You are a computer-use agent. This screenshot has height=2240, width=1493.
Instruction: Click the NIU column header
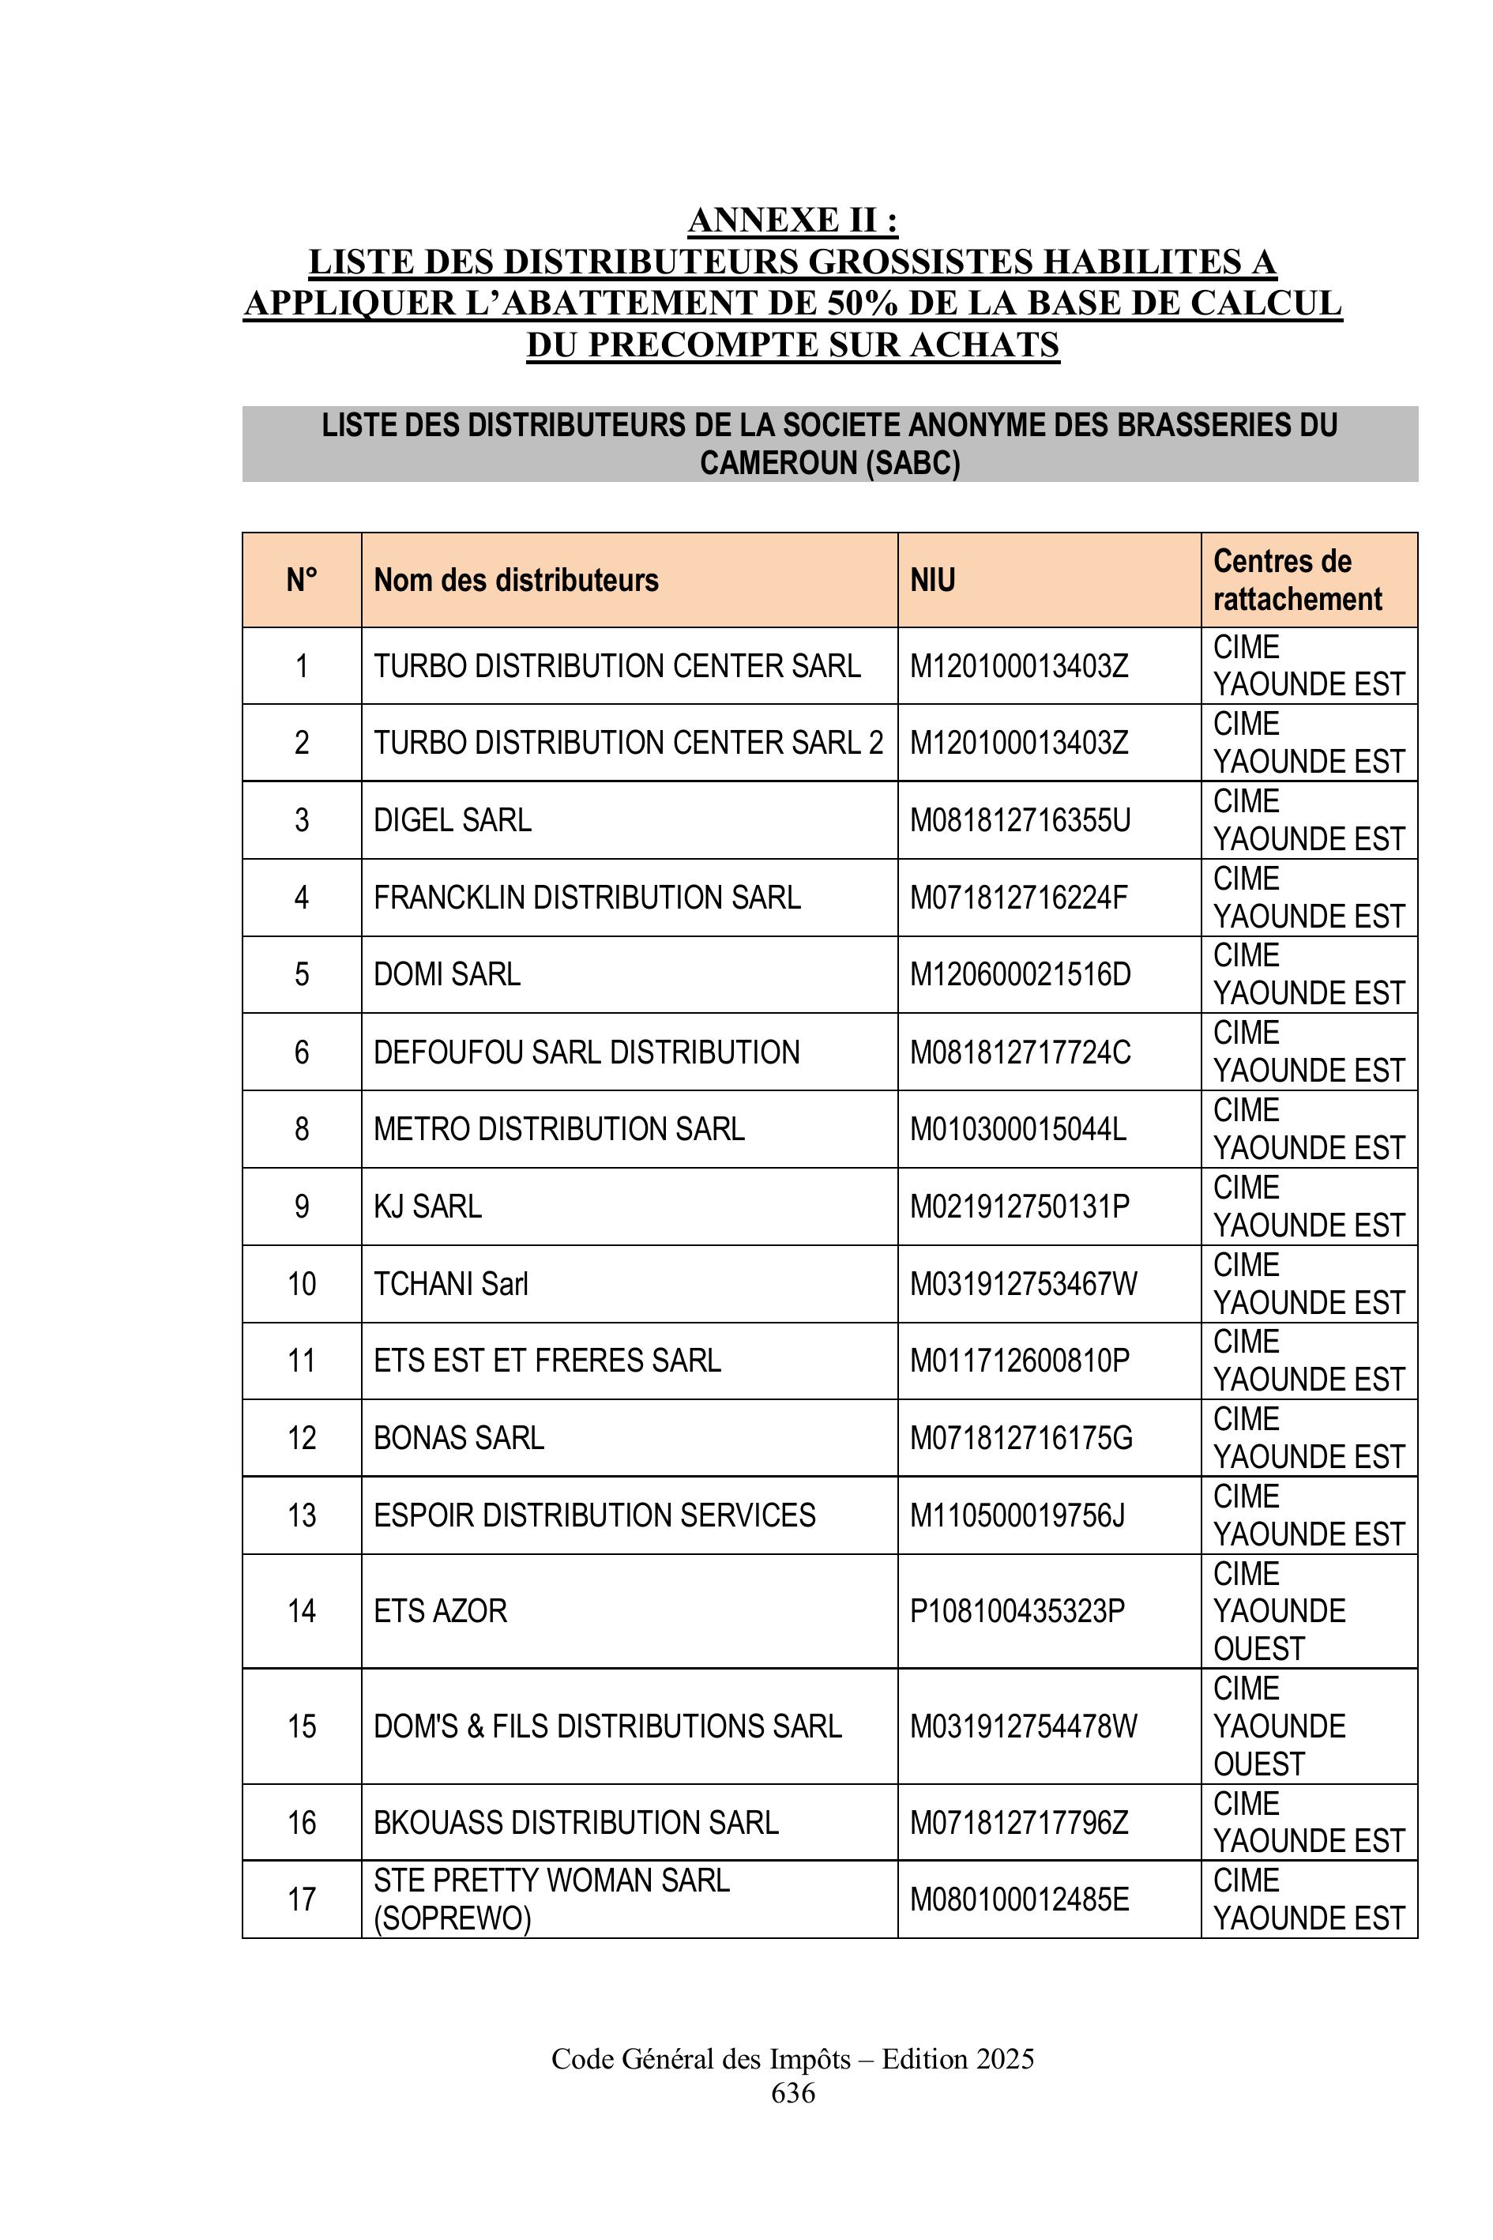click(932, 580)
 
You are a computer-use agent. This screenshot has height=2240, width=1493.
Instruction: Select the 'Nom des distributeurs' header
click(516, 580)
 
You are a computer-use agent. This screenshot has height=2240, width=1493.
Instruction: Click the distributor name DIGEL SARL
click(453, 820)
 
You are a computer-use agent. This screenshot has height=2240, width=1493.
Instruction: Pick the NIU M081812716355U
click(1020, 820)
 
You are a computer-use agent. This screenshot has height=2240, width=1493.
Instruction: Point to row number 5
click(302, 974)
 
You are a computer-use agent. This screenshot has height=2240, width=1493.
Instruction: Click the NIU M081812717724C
click(1020, 1052)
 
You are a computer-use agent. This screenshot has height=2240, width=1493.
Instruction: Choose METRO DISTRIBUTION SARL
click(559, 1130)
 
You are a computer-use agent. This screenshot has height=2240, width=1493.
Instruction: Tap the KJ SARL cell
click(427, 1207)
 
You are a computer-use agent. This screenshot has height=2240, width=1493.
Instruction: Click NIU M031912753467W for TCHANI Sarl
click(1023, 1284)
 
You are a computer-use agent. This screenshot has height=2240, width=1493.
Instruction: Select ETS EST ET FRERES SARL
click(547, 1361)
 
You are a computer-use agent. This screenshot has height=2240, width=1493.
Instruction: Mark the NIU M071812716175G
click(1021, 1438)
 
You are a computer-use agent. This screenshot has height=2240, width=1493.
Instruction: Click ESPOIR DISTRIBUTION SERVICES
click(594, 1515)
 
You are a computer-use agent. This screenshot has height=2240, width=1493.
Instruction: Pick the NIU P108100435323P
click(1017, 1611)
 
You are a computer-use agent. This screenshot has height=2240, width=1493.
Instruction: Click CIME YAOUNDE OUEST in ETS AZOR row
click(1279, 1611)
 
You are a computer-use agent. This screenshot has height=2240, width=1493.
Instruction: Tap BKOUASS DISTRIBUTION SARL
click(576, 1823)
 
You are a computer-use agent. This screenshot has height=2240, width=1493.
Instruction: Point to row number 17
click(302, 1900)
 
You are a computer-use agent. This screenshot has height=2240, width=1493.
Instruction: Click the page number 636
click(792, 2092)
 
